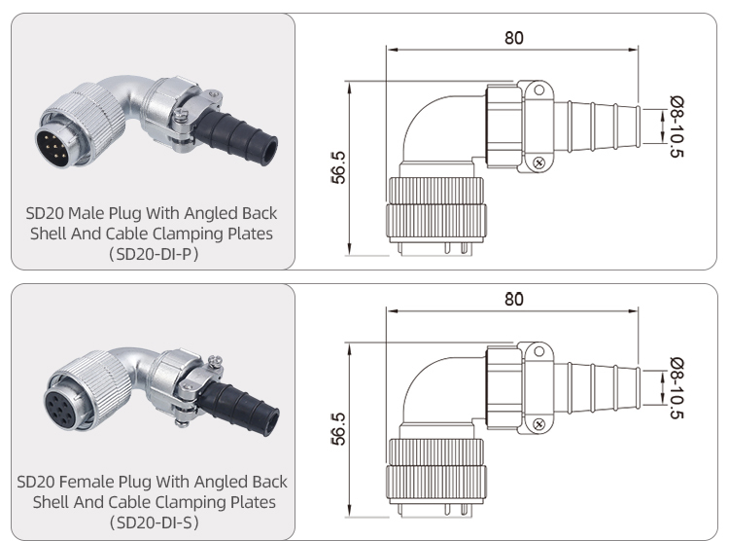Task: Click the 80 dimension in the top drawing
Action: (x=513, y=38)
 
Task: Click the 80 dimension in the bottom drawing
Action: (x=513, y=299)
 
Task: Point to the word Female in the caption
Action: (x=110, y=481)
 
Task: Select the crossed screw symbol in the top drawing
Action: (x=538, y=163)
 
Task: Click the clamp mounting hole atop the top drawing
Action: (x=538, y=89)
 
